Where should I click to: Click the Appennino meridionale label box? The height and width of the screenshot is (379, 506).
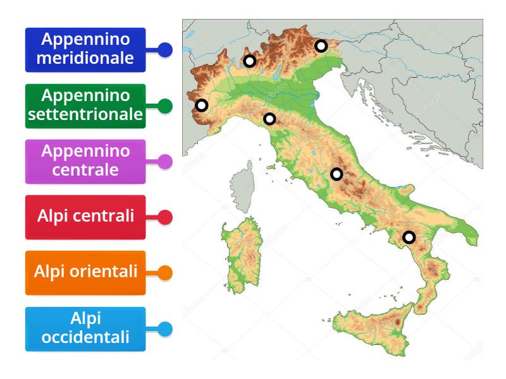click(x=85, y=49)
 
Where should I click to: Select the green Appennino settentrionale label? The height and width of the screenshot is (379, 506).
click(x=85, y=105)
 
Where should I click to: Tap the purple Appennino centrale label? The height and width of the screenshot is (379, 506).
click(x=85, y=161)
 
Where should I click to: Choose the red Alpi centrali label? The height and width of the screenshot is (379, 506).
click(x=85, y=217)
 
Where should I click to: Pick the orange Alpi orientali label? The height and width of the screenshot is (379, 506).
click(x=85, y=273)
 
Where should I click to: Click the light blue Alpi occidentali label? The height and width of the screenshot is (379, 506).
click(x=85, y=328)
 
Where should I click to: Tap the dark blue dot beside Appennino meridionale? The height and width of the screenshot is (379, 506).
click(x=165, y=50)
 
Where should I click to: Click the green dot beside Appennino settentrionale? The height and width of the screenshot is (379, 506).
click(x=165, y=105)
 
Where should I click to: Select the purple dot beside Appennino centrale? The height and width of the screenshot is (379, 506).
click(x=165, y=162)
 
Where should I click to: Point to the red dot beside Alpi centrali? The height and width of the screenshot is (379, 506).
click(x=165, y=217)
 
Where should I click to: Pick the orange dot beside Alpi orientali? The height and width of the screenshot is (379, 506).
click(x=165, y=273)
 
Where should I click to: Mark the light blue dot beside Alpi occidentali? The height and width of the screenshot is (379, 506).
click(x=165, y=329)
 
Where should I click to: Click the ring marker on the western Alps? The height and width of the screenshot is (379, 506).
click(x=201, y=105)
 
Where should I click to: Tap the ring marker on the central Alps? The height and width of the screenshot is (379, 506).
click(x=250, y=61)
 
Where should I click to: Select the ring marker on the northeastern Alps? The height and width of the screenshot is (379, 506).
click(x=321, y=45)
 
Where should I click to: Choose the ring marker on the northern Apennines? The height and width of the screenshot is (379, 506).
click(x=270, y=119)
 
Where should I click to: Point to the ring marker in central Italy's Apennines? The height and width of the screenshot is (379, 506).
click(x=337, y=174)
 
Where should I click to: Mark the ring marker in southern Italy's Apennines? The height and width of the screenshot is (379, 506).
click(x=409, y=238)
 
